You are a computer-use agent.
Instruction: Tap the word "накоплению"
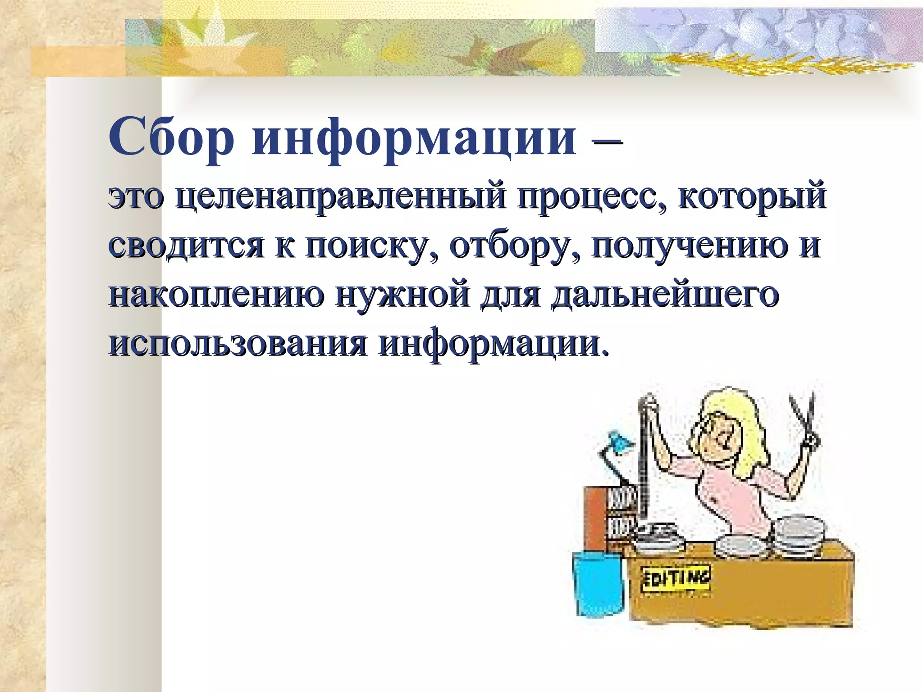[216, 295]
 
